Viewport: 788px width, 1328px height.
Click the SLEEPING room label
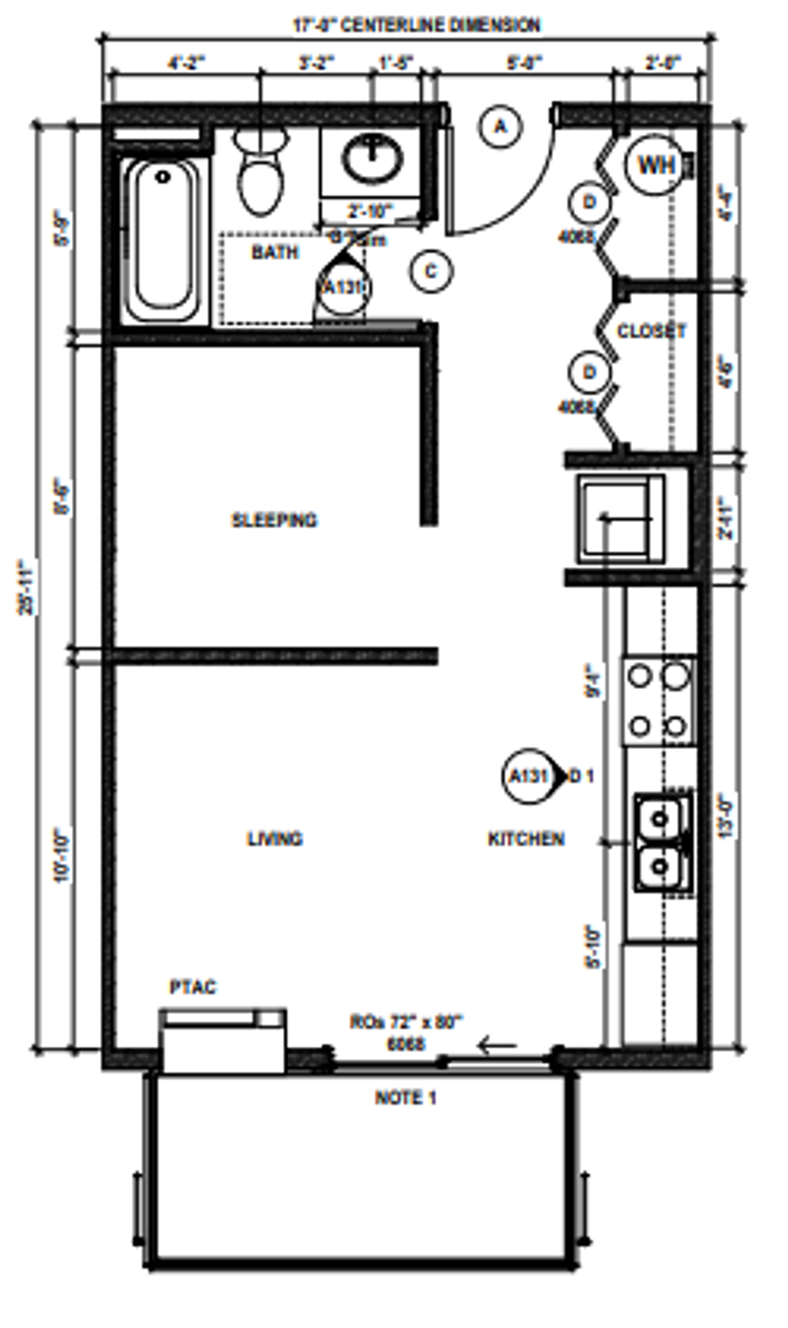coord(274,520)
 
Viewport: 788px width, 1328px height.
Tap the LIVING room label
coord(274,839)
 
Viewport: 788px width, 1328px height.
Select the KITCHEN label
coord(526,839)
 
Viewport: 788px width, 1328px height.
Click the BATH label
coord(274,252)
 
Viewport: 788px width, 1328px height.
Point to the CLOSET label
coord(651,331)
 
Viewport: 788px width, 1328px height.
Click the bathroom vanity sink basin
coord(374,158)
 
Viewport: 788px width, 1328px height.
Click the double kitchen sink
coord(662,843)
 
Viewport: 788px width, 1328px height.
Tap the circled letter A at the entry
coord(500,127)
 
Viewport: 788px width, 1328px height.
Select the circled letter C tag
coord(431,271)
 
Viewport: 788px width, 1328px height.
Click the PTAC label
coord(193,987)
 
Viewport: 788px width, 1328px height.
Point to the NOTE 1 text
coord(406,1098)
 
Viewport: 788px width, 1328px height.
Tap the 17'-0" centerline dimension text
coord(416,26)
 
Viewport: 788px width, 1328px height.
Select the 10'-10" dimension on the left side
coord(62,854)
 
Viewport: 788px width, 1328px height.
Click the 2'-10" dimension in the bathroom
coord(370,210)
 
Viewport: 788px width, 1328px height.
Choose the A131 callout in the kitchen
coord(529,776)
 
